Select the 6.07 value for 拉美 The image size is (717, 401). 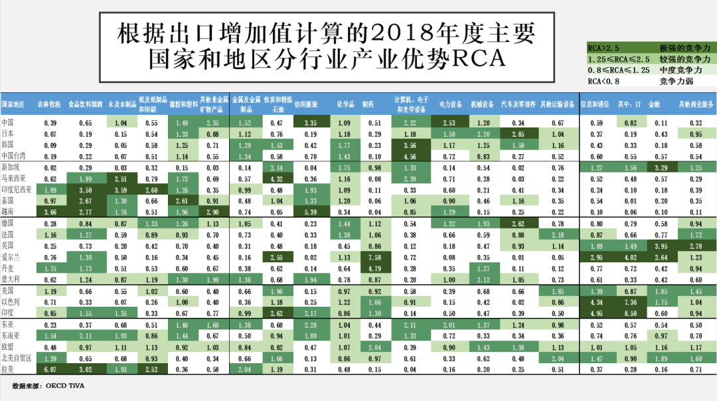point(50,370)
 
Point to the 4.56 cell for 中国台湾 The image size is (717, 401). point(411,155)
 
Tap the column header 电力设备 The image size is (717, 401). point(450,104)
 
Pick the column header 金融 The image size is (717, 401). point(654,104)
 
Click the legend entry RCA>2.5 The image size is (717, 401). point(602,48)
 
